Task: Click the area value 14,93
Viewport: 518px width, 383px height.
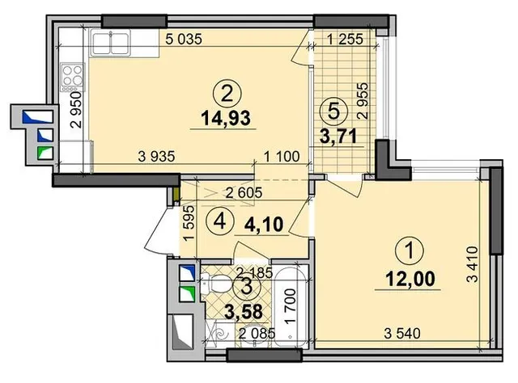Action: click(x=226, y=118)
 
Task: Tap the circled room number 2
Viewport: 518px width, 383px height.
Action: click(x=227, y=95)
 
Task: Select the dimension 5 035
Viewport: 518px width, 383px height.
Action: click(x=184, y=40)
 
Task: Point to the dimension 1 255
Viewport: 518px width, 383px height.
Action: click(x=345, y=40)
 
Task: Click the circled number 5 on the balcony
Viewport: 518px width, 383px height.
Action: click(x=334, y=112)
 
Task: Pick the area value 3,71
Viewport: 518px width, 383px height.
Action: click(x=338, y=136)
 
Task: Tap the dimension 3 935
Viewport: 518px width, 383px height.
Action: click(x=156, y=157)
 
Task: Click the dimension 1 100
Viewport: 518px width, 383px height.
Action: click(x=282, y=157)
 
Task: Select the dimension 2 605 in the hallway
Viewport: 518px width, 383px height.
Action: click(x=244, y=192)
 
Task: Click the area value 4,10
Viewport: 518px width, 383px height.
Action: click(x=264, y=225)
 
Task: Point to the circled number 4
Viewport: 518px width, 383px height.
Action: click(x=220, y=221)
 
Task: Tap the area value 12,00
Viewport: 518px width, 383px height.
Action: click(x=410, y=280)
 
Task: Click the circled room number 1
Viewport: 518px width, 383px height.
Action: click(x=410, y=250)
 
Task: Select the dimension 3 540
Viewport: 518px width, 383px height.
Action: click(x=402, y=334)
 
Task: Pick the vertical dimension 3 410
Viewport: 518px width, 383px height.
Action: click(x=473, y=264)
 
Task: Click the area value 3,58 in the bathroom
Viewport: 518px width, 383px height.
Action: click(x=244, y=312)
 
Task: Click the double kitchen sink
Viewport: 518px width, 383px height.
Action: click(x=111, y=43)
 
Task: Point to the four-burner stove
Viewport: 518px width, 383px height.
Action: click(x=73, y=78)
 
